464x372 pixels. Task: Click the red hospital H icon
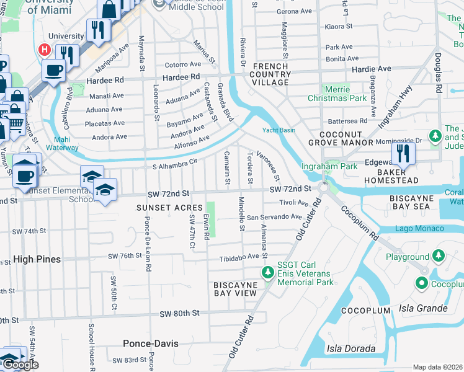pyautogui.click(x=44, y=49)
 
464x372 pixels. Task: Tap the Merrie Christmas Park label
pyautogui.click(x=337, y=94)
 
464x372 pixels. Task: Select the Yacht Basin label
pyautogui.click(x=279, y=130)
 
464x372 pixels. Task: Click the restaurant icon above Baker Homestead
pyautogui.click(x=404, y=153)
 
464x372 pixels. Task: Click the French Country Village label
pyautogui.click(x=270, y=74)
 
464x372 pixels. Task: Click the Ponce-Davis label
pyautogui.click(x=150, y=343)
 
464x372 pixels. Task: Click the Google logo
pyautogui.click(x=20, y=364)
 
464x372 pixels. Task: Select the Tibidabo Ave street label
pyautogui.click(x=238, y=256)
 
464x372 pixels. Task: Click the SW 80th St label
pyautogui.click(x=179, y=314)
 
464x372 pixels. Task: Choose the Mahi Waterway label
pyautogui.click(x=62, y=144)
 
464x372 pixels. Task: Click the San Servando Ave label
pyautogui.click(x=274, y=218)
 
